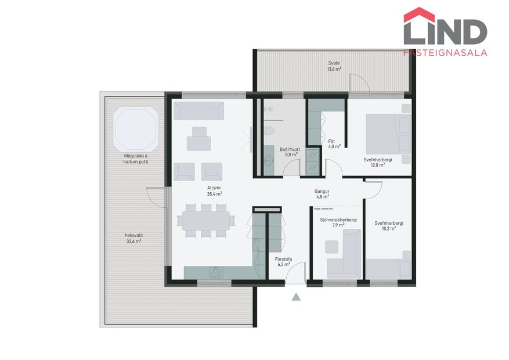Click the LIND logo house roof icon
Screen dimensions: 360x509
(x=419, y=14)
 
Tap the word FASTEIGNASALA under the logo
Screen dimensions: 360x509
(x=445, y=52)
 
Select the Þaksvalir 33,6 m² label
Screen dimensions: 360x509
(x=133, y=238)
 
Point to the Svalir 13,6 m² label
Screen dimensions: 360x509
(x=334, y=66)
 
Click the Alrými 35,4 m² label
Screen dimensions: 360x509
(x=215, y=191)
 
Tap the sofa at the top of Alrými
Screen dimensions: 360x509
(x=199, y=111)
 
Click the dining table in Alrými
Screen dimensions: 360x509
(x=206, y=220)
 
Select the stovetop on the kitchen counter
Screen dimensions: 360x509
(x=216, y=271)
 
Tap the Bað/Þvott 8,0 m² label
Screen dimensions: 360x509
(x=288, y=152)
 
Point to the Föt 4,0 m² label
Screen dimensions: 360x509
(x=334, y=144)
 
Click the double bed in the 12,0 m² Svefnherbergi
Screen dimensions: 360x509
(x=388, y=134)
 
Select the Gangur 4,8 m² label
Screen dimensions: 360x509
(x=322, y=193)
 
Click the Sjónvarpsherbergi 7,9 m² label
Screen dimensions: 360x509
(x=338, y=222)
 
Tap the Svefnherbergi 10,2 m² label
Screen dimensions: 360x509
(x=389, y=225)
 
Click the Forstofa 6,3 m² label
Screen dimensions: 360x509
(x=283, y=262)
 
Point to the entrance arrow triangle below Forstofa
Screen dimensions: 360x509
(x=296, y=297)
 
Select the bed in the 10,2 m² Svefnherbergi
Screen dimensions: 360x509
(x=388, y=268)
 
